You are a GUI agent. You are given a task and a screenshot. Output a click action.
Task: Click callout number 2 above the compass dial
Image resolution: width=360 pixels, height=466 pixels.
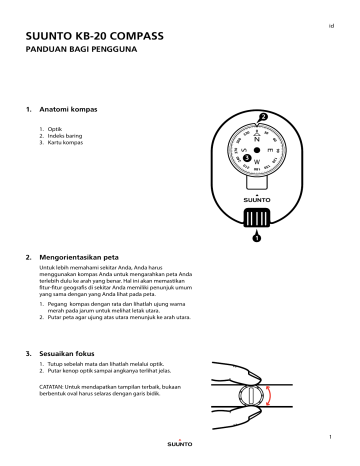coord(263,117)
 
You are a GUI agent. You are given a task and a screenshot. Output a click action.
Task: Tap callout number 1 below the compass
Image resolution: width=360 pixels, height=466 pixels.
coord(257,238)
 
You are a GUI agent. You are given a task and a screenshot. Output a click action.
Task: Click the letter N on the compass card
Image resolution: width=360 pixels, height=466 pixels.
coord(256,138)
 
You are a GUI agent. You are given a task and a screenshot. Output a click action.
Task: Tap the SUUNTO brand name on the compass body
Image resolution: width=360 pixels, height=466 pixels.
coord(257,199)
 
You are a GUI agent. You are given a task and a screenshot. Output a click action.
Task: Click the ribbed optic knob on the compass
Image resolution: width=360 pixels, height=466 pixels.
coord(257,218)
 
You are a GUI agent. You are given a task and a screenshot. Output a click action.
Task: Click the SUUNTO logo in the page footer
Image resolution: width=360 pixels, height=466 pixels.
coord(180,443)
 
